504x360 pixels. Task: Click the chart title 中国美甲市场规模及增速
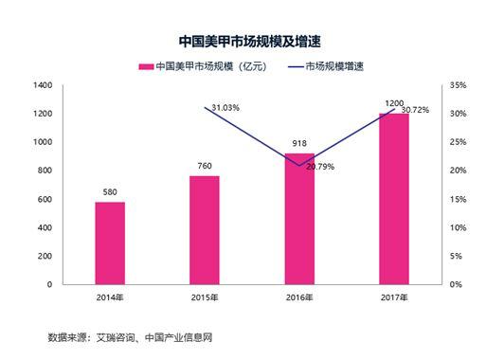251,42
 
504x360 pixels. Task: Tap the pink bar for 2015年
205,229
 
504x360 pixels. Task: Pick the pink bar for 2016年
299,218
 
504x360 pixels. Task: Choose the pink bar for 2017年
394,198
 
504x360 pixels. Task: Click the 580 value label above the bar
110,193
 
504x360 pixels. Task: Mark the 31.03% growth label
225,108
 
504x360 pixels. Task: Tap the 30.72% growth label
415,110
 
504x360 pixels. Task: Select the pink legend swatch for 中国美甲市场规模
146,66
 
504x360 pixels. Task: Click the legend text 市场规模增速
337,66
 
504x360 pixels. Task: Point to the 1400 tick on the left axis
41,85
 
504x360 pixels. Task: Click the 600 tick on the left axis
45,199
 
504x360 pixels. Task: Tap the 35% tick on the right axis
456,85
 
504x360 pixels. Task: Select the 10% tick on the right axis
456,227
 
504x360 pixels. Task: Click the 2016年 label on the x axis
299,298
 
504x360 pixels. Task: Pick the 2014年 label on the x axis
110,298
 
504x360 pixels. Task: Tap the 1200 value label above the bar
394,100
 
